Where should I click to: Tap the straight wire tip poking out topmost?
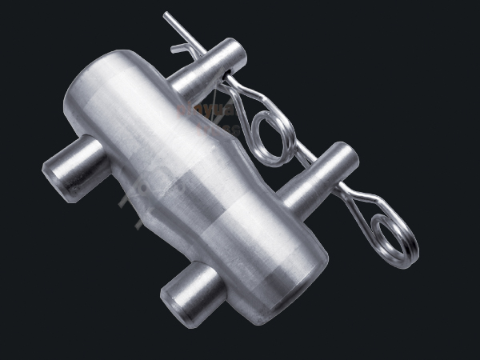pyautogui.click(x=168, y=16)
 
